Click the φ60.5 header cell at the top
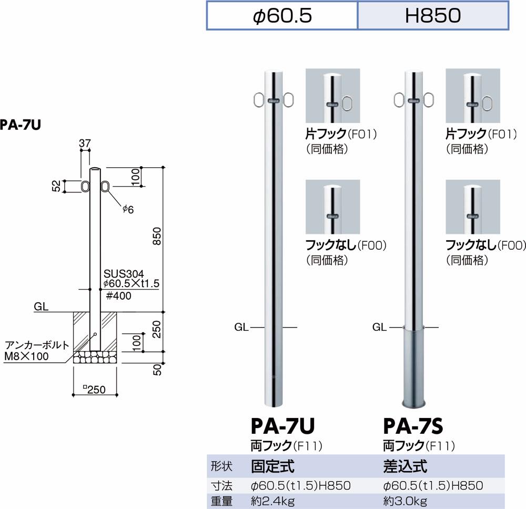click(282, 16)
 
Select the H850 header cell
click(433, 16)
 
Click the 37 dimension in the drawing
click(86, 142)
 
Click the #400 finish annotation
click(118, 296)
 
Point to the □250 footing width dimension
click(94, 390)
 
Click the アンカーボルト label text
click(37, 345)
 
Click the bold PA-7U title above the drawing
click(21, 125)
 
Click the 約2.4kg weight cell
click(274, 501)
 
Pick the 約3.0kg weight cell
click(406, 501)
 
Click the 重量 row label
click(221, 501)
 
